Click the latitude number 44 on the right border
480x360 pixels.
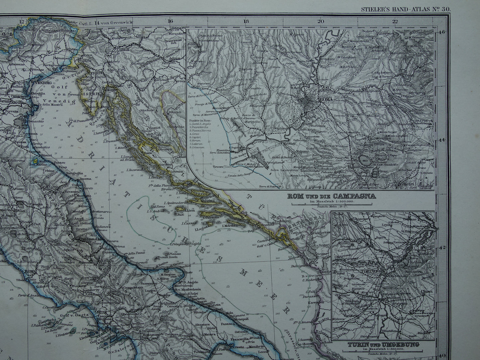click(x=442, y=140)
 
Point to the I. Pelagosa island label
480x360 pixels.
click(x=178, y=244)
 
